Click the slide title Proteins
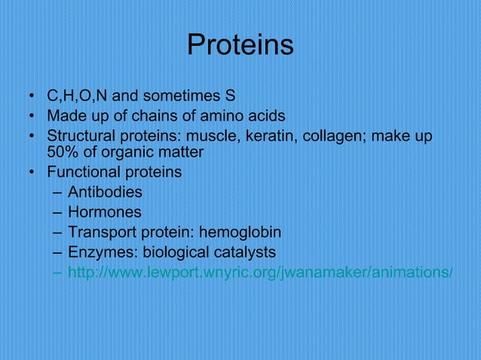tap(240, 46)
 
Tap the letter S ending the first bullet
tap(230, 96)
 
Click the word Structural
tap(81, 137)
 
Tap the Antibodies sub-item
tap(105, 193)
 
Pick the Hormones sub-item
tap(104, 213)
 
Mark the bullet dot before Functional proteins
tap(32, 173)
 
